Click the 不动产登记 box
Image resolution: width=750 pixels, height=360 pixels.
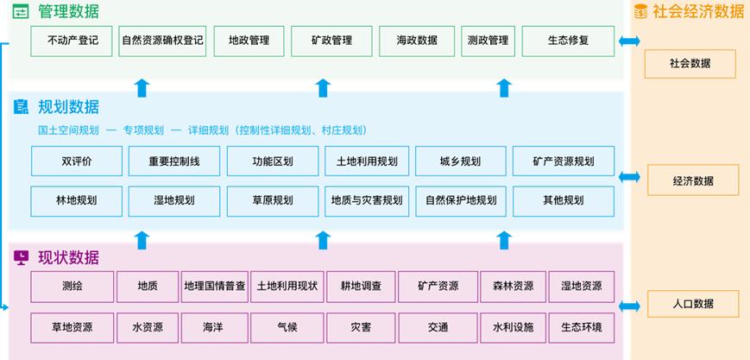coord(72,41)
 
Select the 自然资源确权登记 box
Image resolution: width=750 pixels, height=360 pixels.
coord(164,41)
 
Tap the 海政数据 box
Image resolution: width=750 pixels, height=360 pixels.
coord(416,41)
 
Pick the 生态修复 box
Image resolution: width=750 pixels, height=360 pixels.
coord(568,41)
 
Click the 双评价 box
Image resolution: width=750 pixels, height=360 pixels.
coord(77,161)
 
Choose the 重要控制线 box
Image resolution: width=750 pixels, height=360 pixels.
coord(173,161)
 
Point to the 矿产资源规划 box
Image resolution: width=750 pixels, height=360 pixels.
coord(563,161)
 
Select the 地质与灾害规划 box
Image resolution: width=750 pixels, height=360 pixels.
coord(366,201)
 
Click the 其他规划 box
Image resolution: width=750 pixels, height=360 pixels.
coord(563,201)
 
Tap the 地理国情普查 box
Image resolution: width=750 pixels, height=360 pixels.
coord(215,287)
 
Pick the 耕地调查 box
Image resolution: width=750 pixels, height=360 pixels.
coord(361,287)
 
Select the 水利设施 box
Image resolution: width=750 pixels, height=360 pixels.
coord(513,327)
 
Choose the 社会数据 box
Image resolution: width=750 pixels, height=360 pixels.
coord(690,64)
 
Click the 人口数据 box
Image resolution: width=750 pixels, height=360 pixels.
coord(692,304)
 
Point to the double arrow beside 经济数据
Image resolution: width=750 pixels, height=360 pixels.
coord(629,177)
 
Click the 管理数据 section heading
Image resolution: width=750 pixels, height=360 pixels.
coord(68,12)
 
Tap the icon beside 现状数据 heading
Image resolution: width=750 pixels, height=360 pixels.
coord(22,257)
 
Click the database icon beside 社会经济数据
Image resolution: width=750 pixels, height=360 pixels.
coord(640,11)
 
